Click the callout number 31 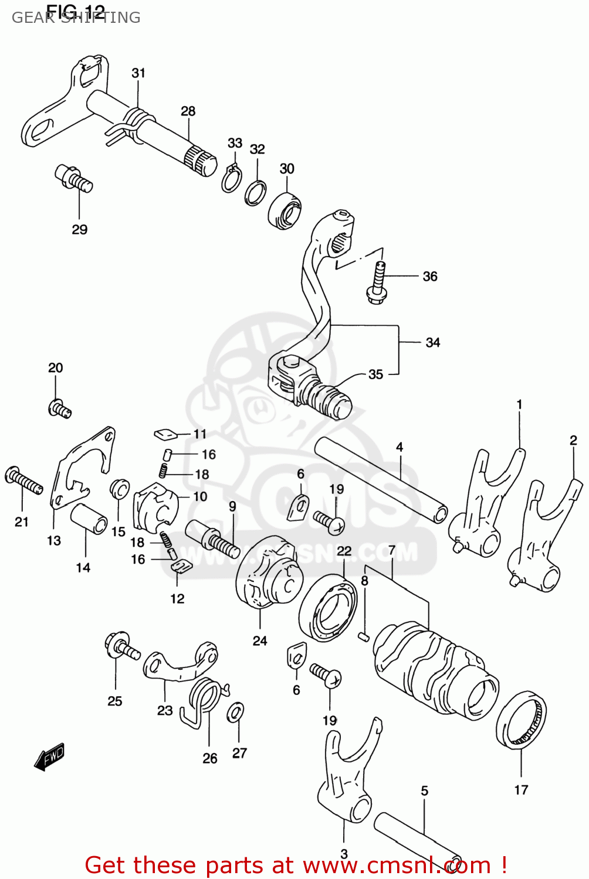(138, 73)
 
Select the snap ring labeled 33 (231, 179)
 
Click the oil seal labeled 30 (285, 210)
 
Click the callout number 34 (432, 342)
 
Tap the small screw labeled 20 (59, 408)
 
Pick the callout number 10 (200, 496)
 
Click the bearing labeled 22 (328, 608)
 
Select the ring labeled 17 (521, 720)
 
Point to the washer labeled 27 (237, 713)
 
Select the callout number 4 (399, 447)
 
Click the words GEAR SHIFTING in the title (76, 18)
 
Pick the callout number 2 (573, 440)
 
